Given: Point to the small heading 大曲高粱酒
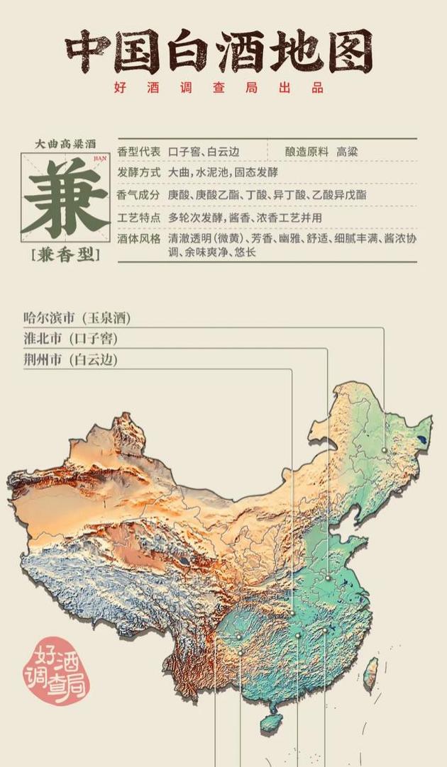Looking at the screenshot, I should pos(65,144).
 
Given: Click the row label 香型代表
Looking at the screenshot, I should pos(139,152).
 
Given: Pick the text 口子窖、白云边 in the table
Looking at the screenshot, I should pos(204,152).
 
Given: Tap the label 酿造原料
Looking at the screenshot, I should pos(307,152).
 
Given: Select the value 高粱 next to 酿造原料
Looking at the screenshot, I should pos(347,152).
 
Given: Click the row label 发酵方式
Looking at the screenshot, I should pos(139,173).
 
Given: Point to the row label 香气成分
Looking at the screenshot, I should pos(139,194).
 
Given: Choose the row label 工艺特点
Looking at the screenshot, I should pos(139,217).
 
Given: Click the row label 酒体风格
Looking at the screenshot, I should pos(139,239).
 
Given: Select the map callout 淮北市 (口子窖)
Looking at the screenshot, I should pos(71,339).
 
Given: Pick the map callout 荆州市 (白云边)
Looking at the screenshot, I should pos(71,360).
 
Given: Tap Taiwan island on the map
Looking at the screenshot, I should pos(370,674).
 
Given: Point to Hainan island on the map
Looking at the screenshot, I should pos(270,722).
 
